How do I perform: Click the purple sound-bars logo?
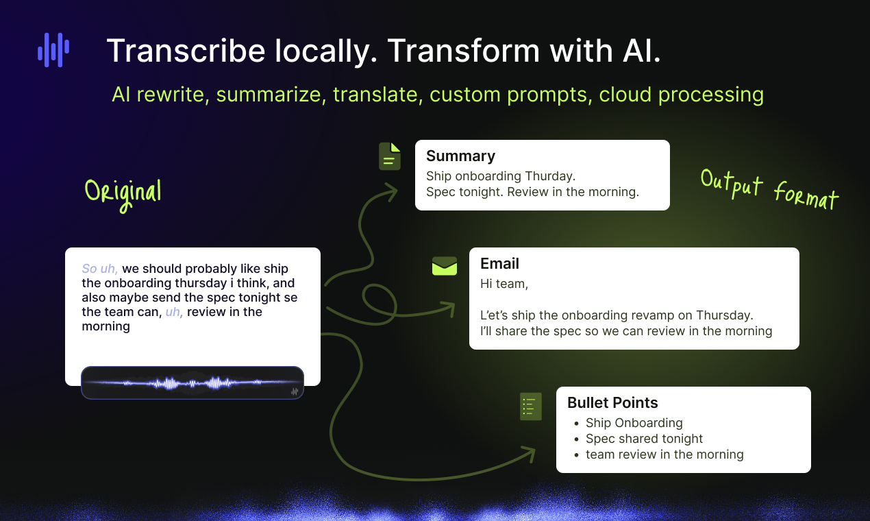point(53,50)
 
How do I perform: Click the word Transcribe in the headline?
point(186,51)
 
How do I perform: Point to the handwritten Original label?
point(123,195)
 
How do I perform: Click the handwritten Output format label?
point(770,190)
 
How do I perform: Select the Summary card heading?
point(460,156)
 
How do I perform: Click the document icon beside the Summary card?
point(390,156)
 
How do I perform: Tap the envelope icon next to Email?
point(445,266)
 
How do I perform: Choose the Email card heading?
point(499,264)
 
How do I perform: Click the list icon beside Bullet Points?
point(530,407)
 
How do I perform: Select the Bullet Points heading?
point(612,402)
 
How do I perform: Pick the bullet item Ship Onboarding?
point(634,423)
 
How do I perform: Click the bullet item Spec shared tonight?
point(644,439)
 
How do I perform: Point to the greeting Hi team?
point(504,284)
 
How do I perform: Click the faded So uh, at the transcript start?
point(99,269)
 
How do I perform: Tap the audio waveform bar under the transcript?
point(192,383)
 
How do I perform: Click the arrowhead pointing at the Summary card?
point(390,192)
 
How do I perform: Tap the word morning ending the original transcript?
point(105,326)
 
